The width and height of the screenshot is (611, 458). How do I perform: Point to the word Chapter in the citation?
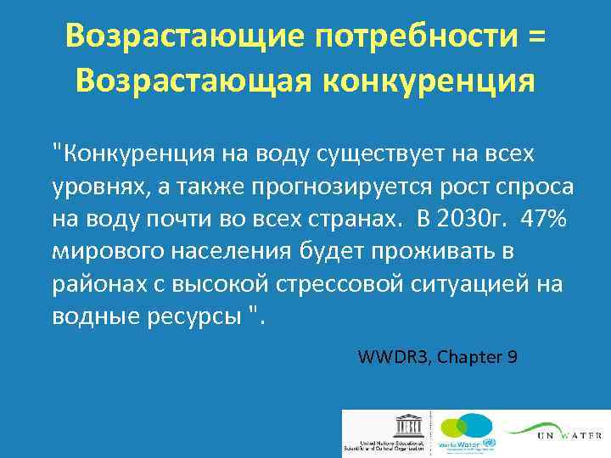coord(468,357)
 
